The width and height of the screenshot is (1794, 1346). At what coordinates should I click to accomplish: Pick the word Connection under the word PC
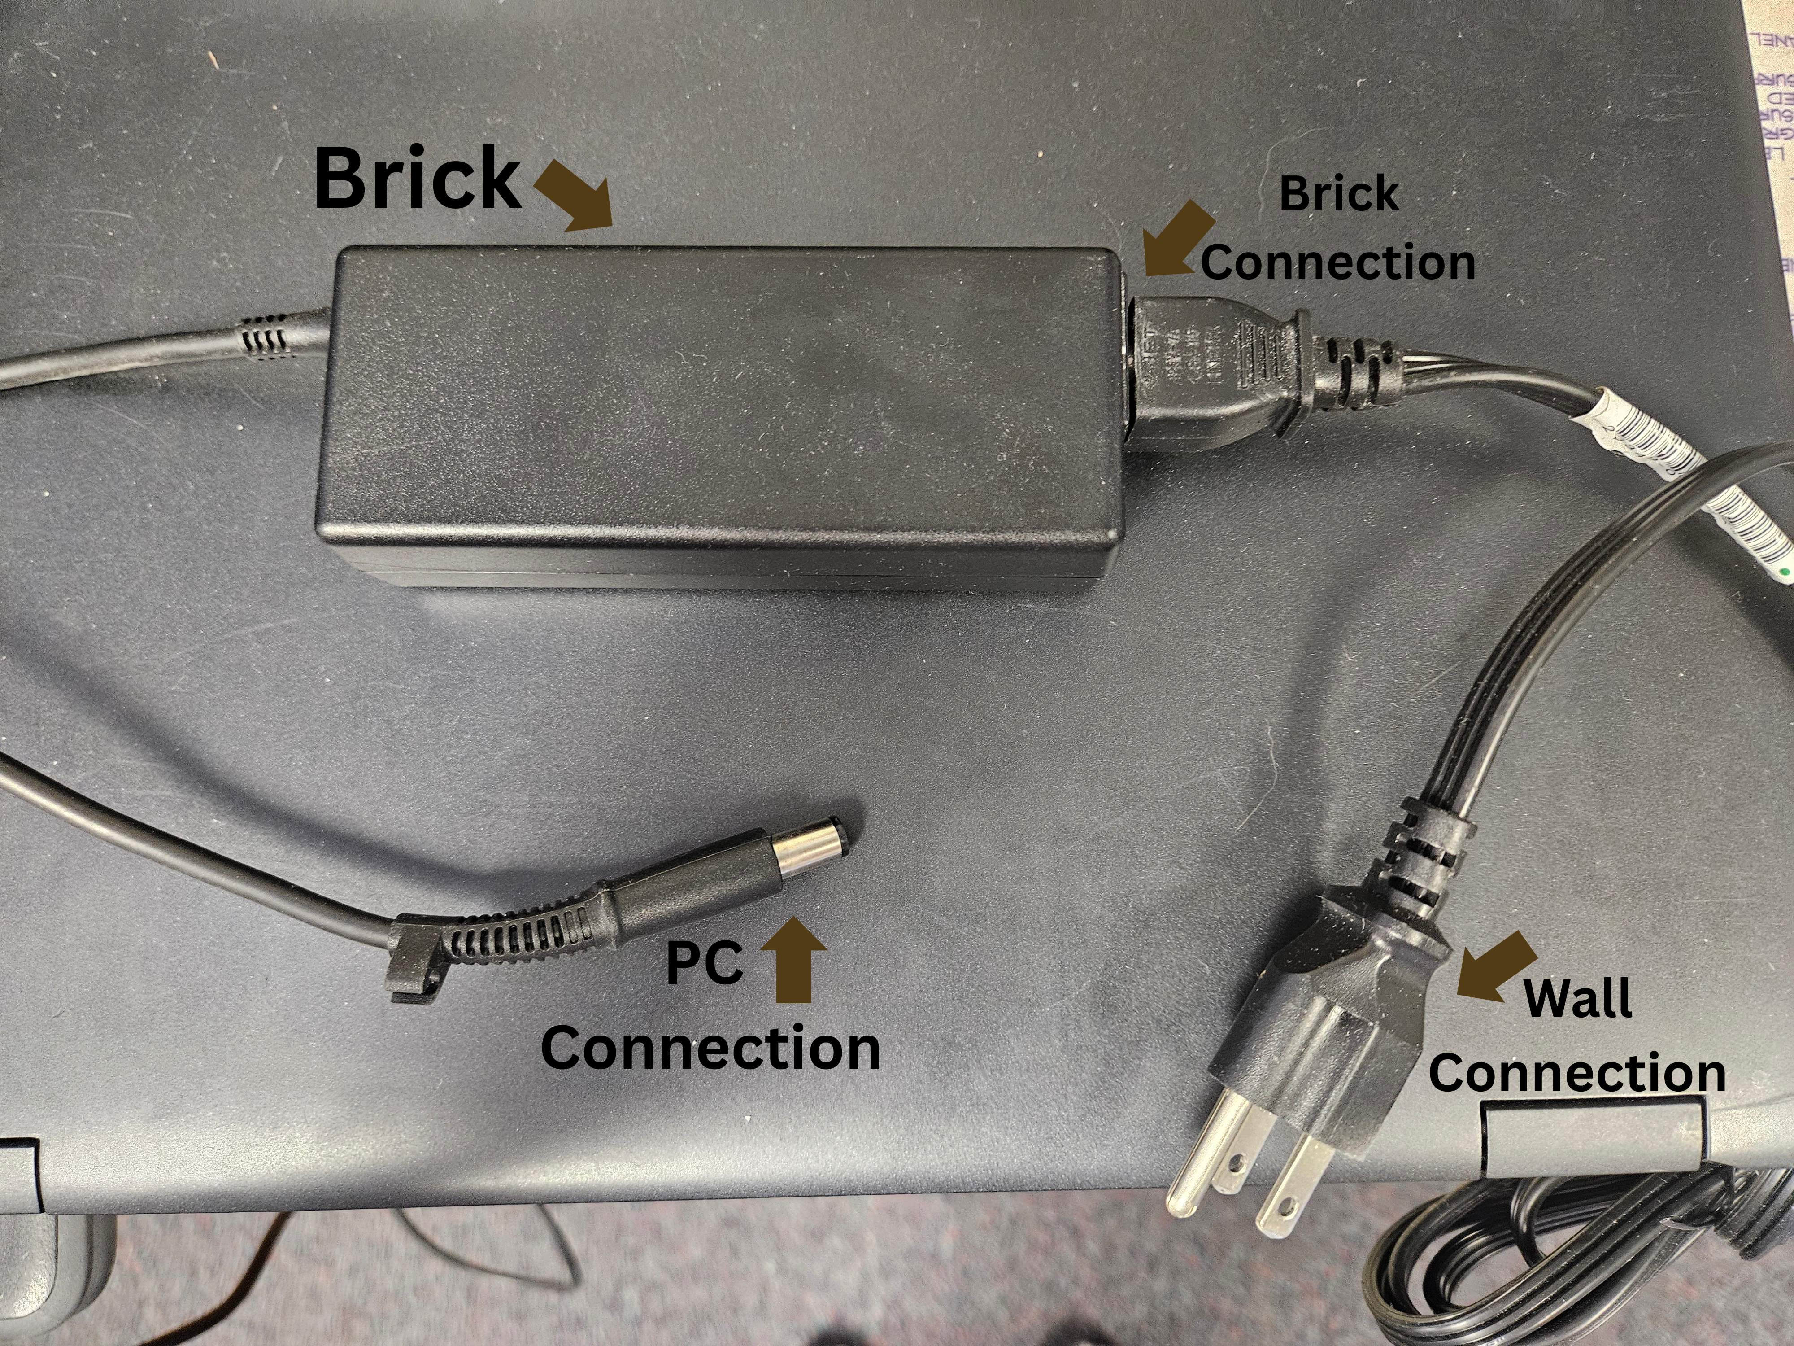click(x=710, y=1048)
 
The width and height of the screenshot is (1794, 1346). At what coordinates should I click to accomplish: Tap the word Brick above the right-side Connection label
click(x=1338, y=195)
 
